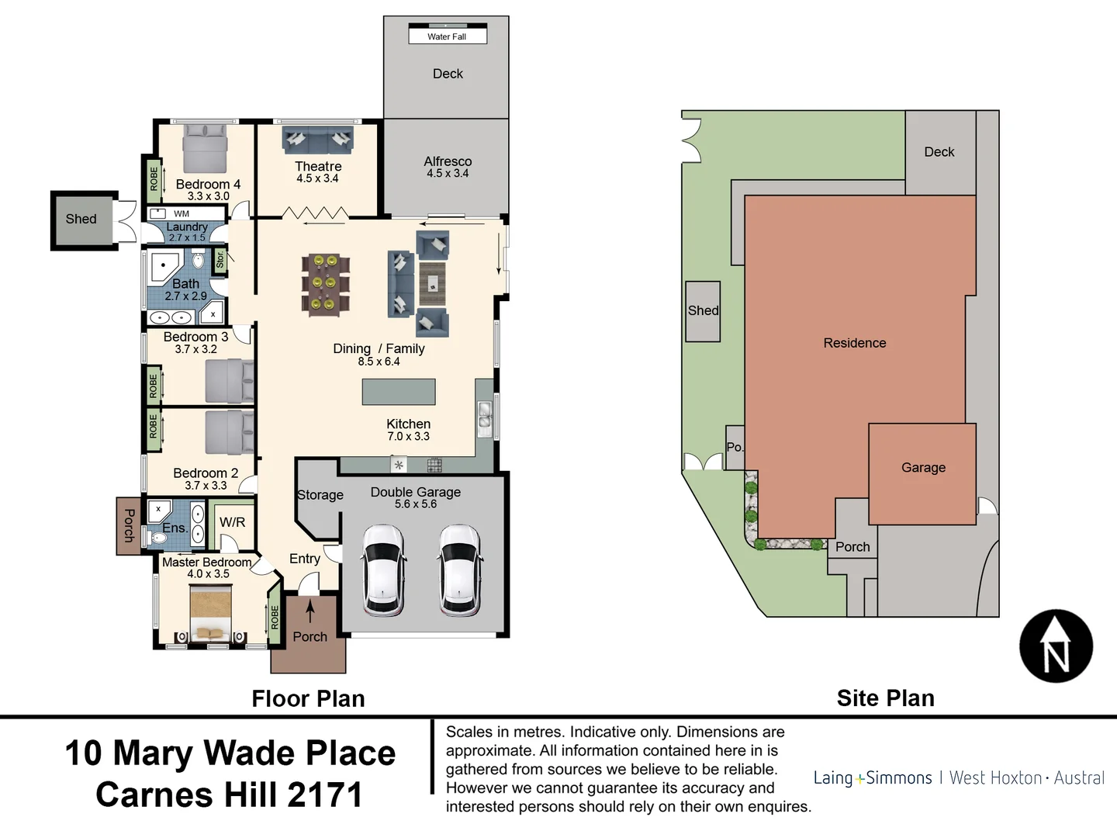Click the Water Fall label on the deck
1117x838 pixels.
tap(447, 36)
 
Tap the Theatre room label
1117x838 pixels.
tap(318, 166)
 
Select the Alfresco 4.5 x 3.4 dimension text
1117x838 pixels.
tap(448, 174)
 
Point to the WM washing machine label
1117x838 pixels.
tap(182, 213)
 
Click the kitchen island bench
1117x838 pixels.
tap(398, 392)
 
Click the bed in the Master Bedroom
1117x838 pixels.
tap(211, 611)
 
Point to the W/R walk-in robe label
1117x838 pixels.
tap(232, 522)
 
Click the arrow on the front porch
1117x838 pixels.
tap(310, 612)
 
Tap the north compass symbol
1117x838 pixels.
tap(1056, 646)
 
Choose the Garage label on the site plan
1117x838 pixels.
tap(923, 468)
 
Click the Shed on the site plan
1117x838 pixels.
tap(703, 311)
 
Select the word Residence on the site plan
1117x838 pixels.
tap(854, 343)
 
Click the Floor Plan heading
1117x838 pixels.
tap(308, 698)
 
